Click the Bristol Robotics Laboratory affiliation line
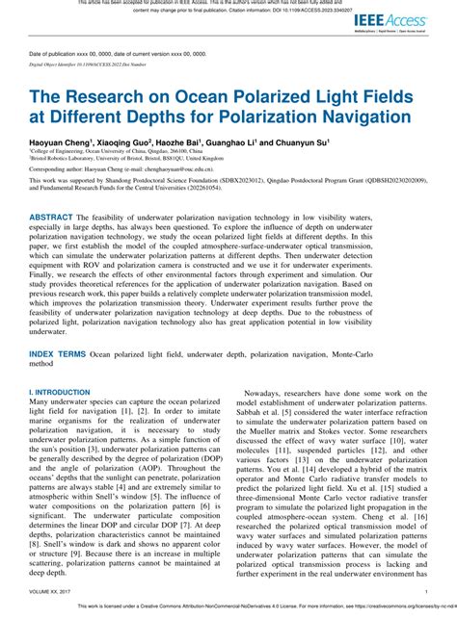(x=107, y=158)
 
